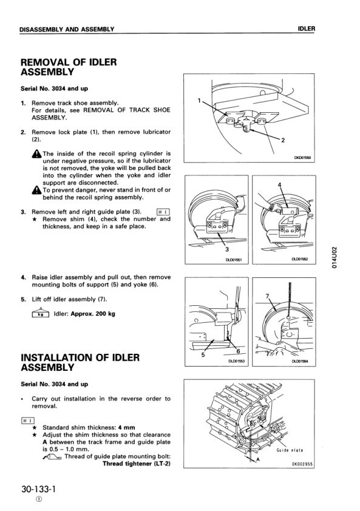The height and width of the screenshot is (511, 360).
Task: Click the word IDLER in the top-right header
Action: (x=307, y=29)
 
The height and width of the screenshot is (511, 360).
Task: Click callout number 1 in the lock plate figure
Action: (x=199, y=100)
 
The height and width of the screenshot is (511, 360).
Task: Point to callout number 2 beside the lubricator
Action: (x=283, y=140)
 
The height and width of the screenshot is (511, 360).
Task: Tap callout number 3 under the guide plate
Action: (x=227, y=249)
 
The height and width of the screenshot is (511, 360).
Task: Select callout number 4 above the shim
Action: (x=279, y=185)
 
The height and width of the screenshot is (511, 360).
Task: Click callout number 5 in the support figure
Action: (x=203, y=354)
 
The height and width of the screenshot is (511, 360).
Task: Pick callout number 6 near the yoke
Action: (x=238, y=351)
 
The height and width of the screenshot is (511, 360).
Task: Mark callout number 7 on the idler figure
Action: (x=267, y=296)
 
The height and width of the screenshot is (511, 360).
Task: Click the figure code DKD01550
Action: (x=303, y=158)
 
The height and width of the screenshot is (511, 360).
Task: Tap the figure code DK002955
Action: (x=303, y=464)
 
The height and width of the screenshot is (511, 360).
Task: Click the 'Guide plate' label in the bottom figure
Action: (x=290, y=450)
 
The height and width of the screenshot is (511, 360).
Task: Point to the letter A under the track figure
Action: (x=258, y=459)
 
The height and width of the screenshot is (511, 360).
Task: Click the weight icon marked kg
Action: (x=40, y=313)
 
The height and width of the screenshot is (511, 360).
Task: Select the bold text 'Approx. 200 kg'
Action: (x=93, y=314)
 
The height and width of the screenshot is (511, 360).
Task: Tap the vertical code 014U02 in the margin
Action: (x=334, y=257)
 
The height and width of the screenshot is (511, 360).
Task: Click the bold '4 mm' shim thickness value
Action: (x=127, y=427)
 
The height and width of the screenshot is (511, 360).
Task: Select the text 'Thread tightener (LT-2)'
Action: (x=137, y=464)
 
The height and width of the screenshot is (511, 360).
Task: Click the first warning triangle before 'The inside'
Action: (x=36, y=154)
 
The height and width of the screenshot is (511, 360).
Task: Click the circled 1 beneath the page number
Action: (x=39, y=500)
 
